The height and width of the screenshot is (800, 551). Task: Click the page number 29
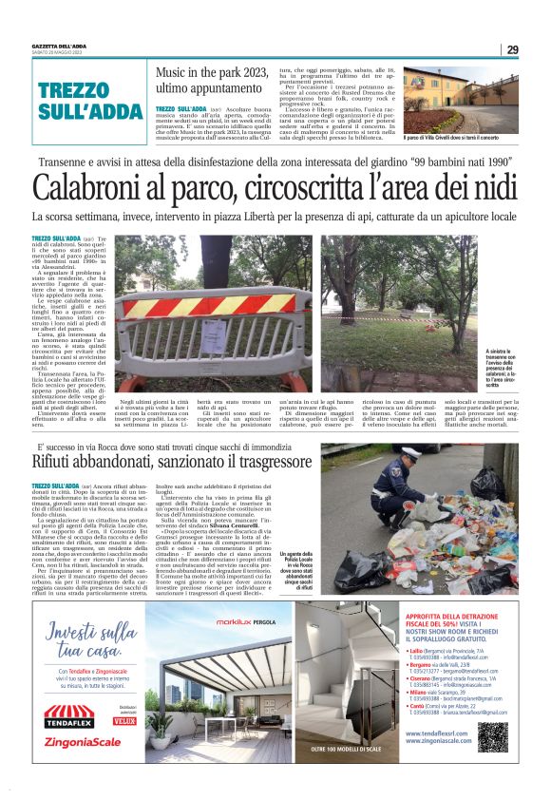(x=511, y=50)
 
